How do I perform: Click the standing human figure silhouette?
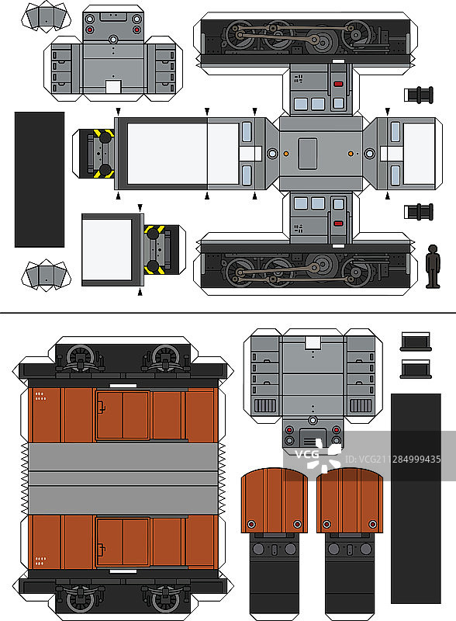pos(433,265)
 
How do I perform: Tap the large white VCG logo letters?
pos(307,454)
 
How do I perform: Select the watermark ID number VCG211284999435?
pos(392,459)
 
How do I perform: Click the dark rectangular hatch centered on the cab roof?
pos(308,154)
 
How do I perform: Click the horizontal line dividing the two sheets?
pos(228,313)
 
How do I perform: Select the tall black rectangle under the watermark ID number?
pos(416,498)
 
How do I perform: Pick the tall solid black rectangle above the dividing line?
pos(40,179)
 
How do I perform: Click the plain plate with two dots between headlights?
pos(113,16)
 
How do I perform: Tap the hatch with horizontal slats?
pos(313,437)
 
